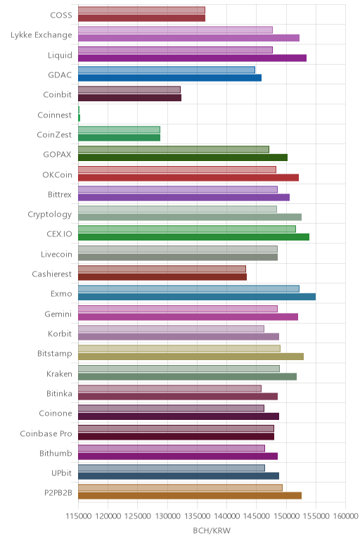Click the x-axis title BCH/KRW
click(212, 530)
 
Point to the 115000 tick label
click(79, 516)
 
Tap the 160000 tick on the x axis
click(345, 516)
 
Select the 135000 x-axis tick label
click(198, 516)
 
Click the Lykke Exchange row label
click(41, 35)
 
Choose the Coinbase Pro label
click(46, 433)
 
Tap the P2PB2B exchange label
click(58, 493)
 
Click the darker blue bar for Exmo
click(197, 297)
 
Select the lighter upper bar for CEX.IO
click(187, 229)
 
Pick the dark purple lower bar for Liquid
click(192, 58)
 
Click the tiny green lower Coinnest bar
click(79, 117)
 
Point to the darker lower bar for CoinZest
click(119, 137)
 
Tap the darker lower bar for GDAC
click(169, 78)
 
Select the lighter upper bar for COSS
click(141, 10)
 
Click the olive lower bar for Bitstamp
click(191, 357)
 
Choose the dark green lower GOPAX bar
click(183, 158)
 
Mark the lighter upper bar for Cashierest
click(162, 269)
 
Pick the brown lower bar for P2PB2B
click(190, 496)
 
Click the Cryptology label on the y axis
click(50, 215)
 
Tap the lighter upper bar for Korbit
click(171, 328)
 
